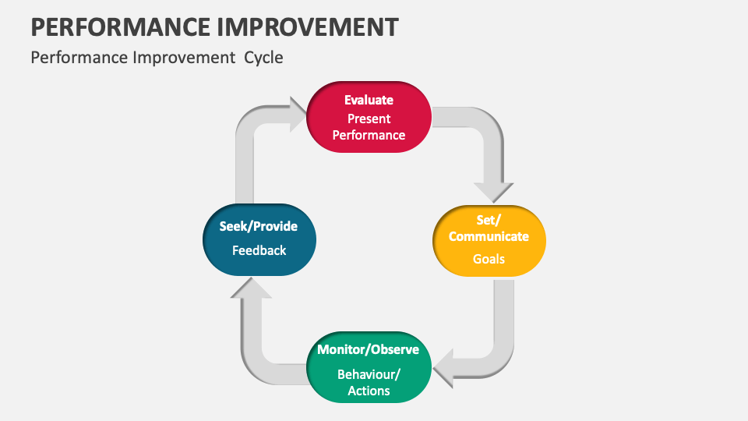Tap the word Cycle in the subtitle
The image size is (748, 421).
coord(263,58)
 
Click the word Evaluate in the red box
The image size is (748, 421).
coord(369,100)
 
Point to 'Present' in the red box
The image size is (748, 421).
coord(369,119)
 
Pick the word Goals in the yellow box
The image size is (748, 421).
coord(489,259)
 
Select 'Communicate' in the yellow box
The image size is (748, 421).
coord(489,236)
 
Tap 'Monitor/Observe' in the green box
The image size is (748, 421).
coord(368,349)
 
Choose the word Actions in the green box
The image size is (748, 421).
coord(369,391)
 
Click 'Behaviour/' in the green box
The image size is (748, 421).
coord(369,373)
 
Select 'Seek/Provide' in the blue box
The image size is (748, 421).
coord(258,226)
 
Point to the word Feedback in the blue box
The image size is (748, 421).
coord(259,250)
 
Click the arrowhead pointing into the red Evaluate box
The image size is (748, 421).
coord(297,115)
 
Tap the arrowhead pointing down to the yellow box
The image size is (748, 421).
coord(493,192)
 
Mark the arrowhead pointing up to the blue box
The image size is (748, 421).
coord(251,288)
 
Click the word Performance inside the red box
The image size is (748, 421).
coord(369,135)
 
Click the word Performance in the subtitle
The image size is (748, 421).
coord(69,58)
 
